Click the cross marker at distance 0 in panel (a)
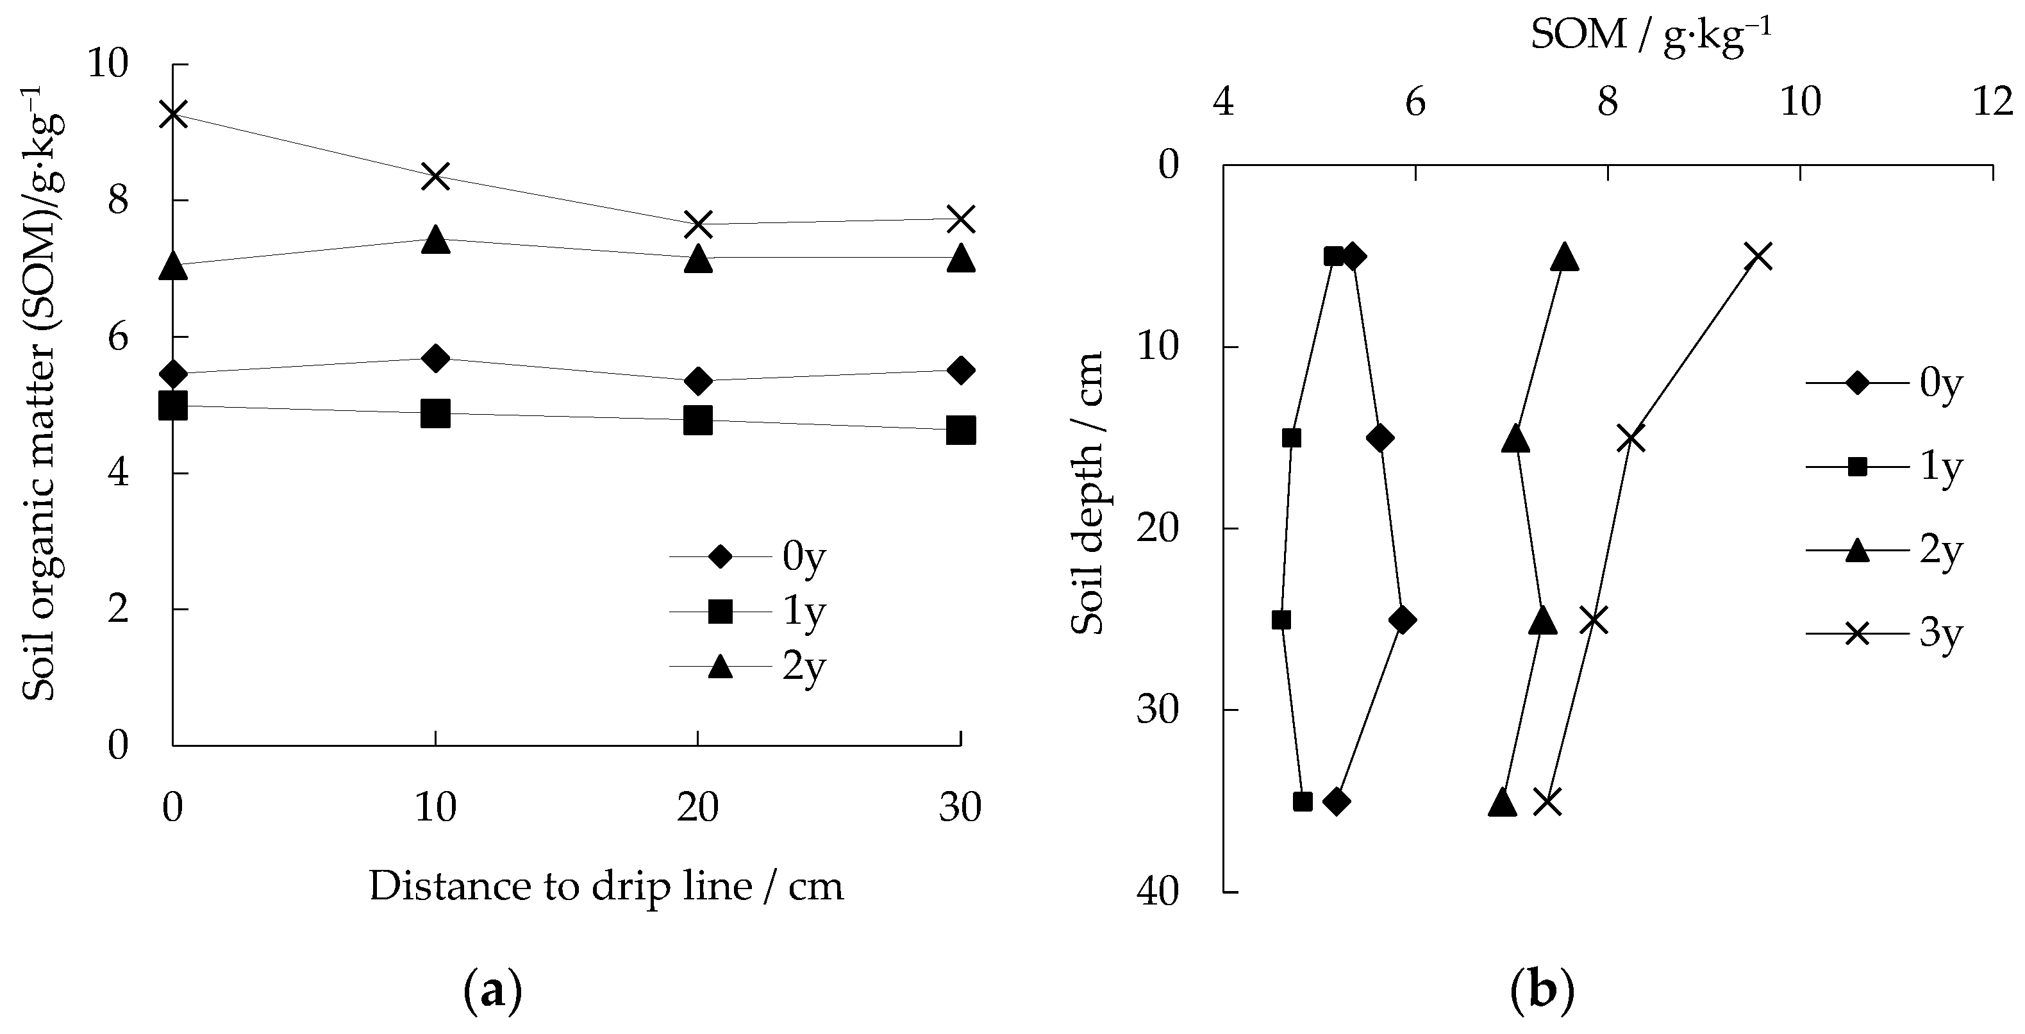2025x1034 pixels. click(173, 114)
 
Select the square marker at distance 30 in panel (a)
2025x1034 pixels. click(961, 430)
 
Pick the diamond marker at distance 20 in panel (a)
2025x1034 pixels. click(698, 381)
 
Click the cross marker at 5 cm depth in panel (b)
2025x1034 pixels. click(1758, 256)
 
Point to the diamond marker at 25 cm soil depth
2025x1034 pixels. click(1402, 621)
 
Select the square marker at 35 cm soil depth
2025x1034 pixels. click(1303, 802)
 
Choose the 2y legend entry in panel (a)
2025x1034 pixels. click(747, 667)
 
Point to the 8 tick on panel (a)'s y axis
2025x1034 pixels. click(118, 201)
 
